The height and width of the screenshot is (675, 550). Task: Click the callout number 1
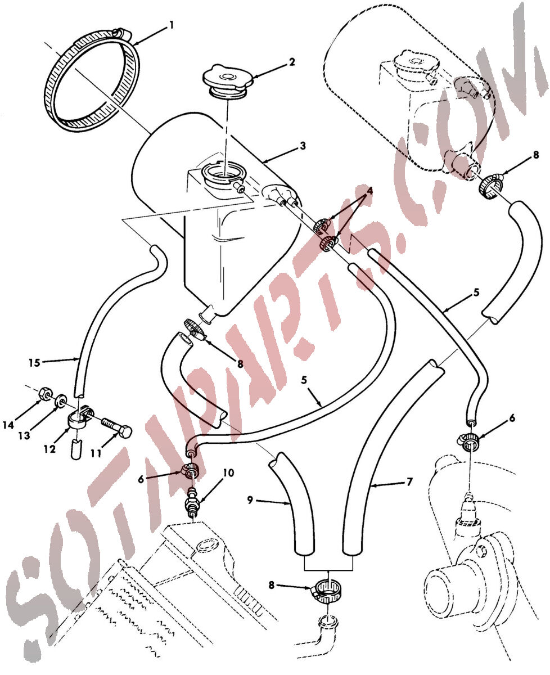(x=172, y=25)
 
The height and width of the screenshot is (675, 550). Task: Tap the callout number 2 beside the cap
(x=292, y=61)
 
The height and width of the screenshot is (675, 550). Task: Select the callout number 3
(x=303, y=146)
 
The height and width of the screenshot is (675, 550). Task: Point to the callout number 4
(x=369, y=191)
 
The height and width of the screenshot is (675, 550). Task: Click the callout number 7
(x=409, y=482)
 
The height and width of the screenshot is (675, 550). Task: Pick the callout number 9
(x=250, y=500)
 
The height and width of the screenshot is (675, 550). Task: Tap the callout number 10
(x=228, y=473)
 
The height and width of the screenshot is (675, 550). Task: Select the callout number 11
(x=96, y=453)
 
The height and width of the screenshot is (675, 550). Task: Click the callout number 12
(x=49, y=449)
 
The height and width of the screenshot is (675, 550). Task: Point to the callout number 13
(x=24, y=436)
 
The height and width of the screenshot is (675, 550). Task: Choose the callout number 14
(x=8, y=425)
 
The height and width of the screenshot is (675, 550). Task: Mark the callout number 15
(x=34, y=363)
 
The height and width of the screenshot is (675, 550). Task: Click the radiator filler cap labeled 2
(x=227, y=83)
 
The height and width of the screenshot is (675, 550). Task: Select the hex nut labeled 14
(x=44, y=394)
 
